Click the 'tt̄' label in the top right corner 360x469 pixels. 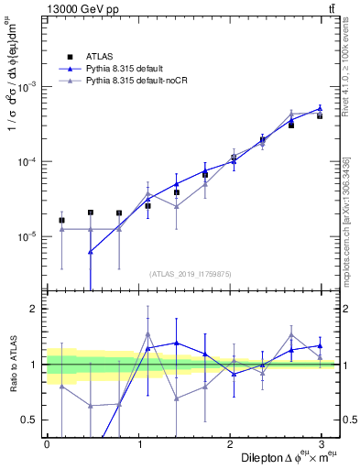330,9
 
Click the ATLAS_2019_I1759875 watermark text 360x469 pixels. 191,273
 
